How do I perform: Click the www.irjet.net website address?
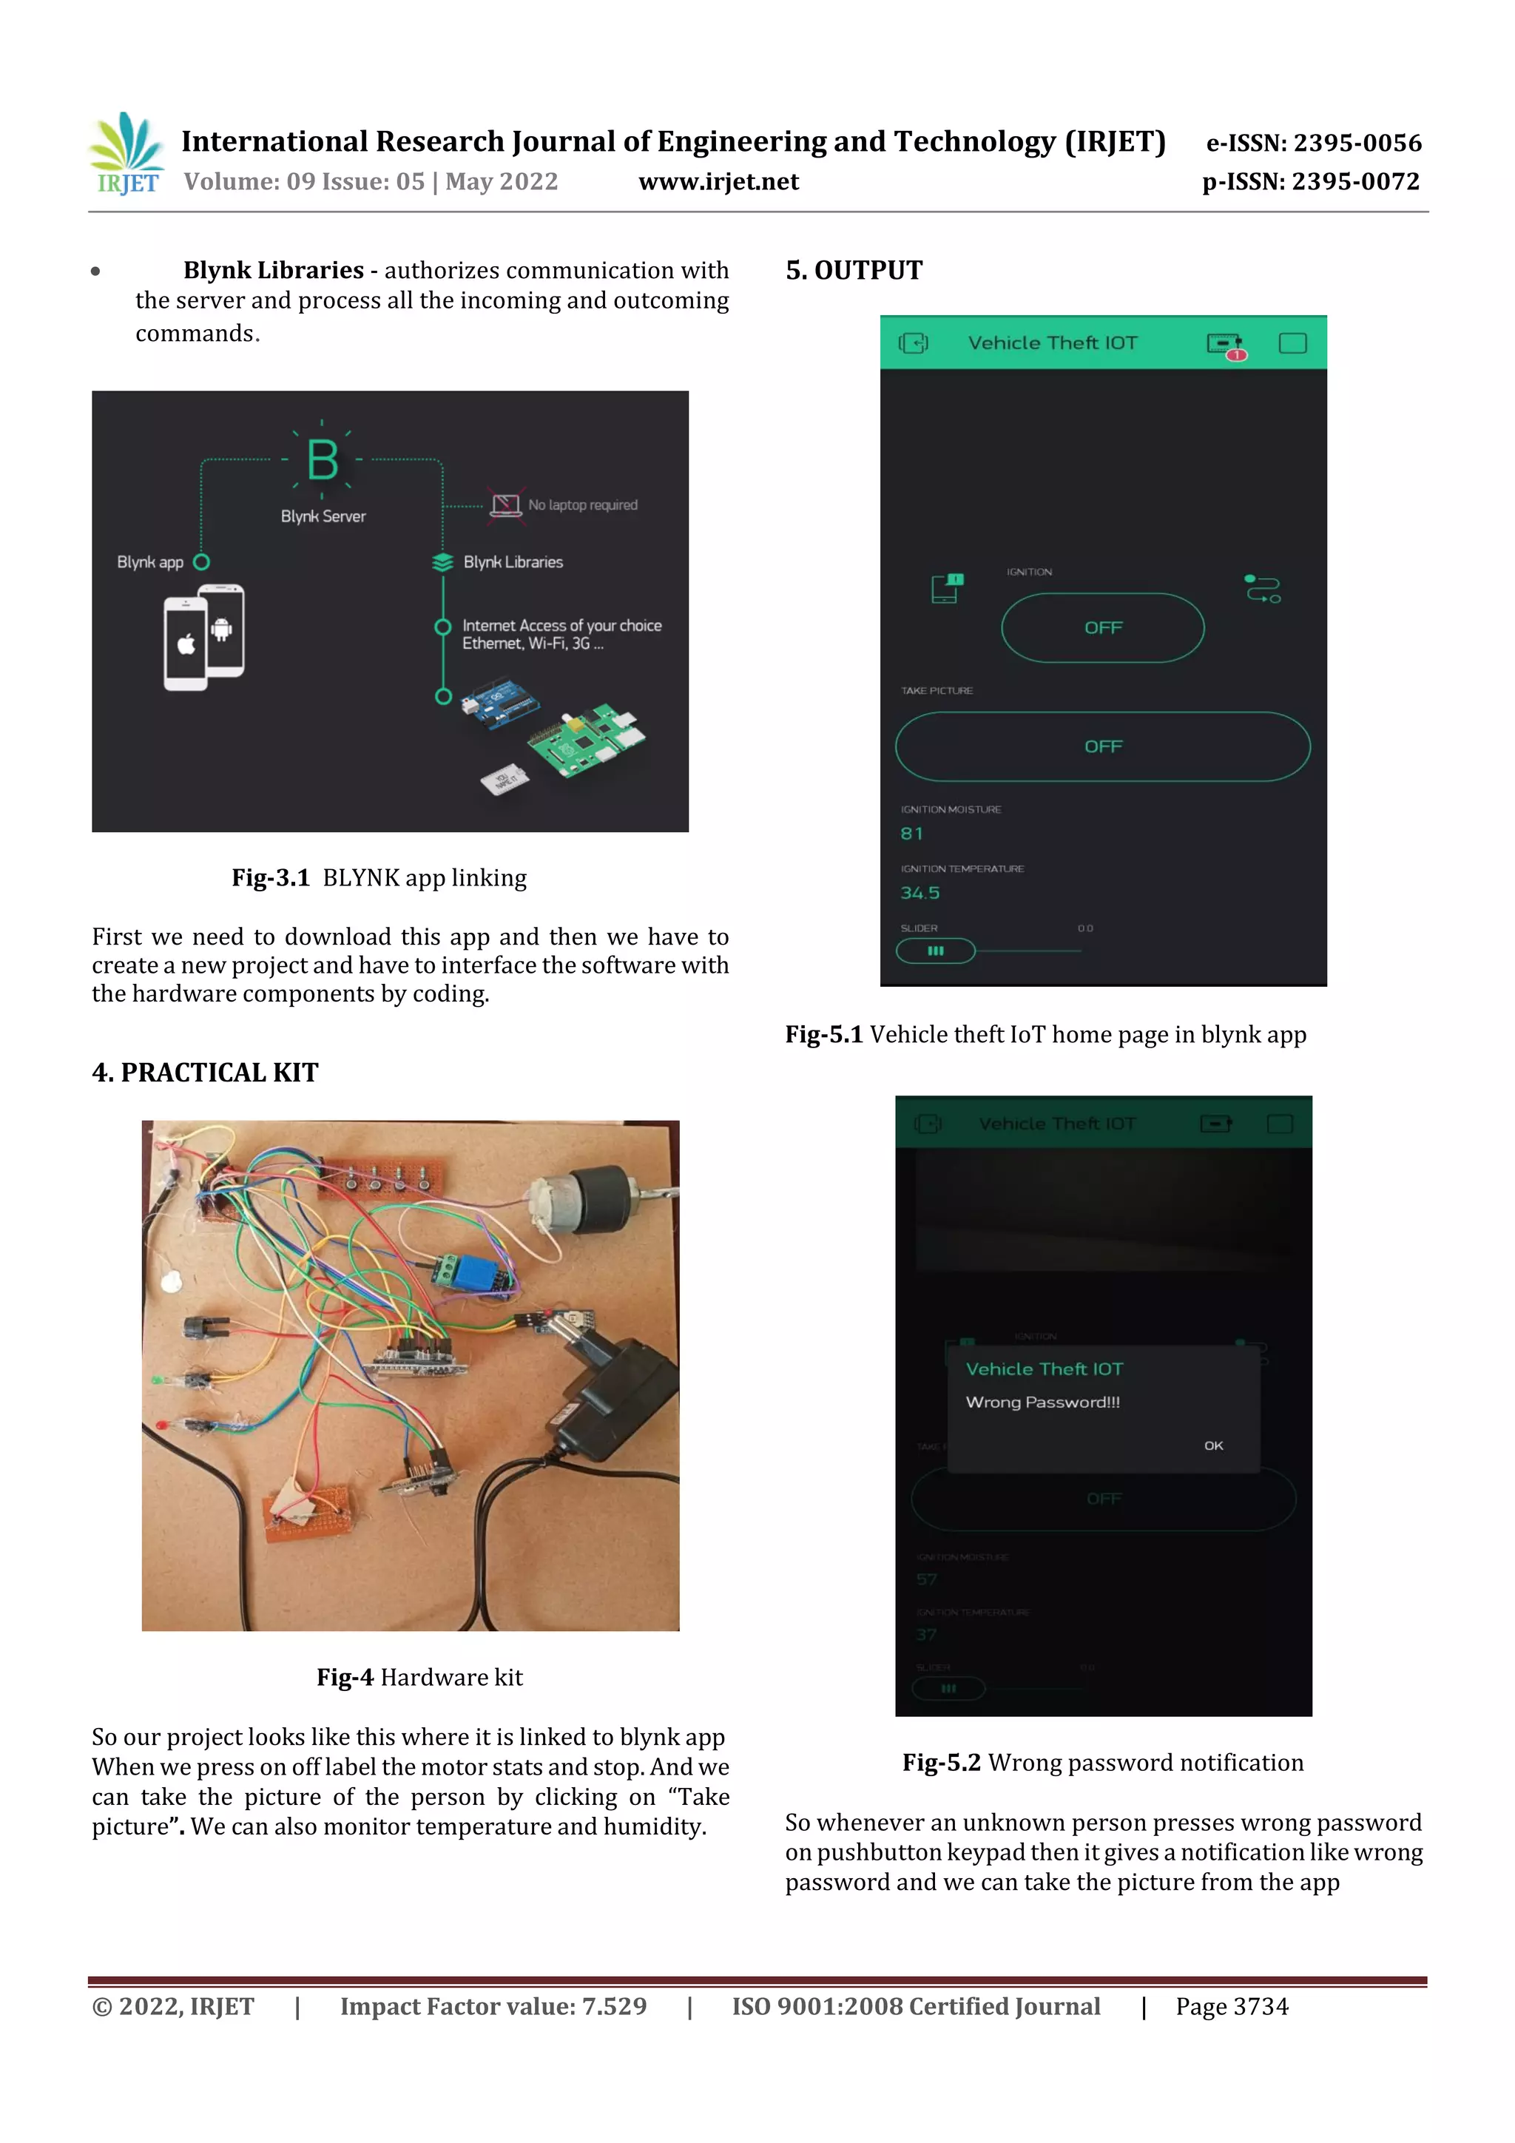718,182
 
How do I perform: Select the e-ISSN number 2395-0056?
1313,143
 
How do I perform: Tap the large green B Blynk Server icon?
322,459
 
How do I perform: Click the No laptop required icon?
505,505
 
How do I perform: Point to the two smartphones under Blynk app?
204,638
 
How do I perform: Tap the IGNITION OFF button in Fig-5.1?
1102,628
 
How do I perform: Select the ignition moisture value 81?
911,834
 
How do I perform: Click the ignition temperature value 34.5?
920,894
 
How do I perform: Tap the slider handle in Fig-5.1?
935,951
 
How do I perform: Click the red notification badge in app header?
1236,354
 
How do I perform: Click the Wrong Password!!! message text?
1042,1402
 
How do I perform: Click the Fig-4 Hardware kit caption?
419,1677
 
